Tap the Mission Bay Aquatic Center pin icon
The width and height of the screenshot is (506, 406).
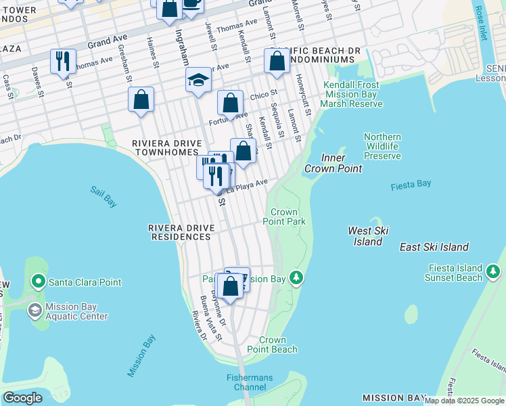(34, 311)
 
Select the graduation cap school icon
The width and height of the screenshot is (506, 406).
(198, 81)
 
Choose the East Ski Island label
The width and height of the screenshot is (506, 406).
(434, 247)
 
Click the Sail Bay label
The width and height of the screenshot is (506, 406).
(103, 191)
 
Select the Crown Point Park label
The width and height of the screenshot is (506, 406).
(288, 217)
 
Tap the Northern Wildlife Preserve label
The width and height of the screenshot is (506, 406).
(382, 146)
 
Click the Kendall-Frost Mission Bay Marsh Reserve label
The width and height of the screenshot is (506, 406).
(352, 94)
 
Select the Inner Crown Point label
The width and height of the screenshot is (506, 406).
(333, 163)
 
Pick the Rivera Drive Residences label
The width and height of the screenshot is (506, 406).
(180, 232)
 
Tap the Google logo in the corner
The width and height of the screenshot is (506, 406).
(22, 398)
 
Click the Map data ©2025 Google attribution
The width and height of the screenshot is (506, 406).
(465, 401)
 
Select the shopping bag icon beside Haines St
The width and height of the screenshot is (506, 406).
(141, 101)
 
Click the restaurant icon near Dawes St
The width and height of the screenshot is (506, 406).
(62, 62)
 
